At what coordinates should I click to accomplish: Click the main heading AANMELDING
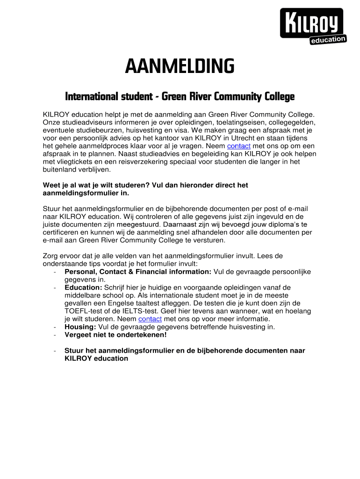180,67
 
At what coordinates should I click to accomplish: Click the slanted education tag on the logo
328,40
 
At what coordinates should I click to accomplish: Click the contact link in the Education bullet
150,319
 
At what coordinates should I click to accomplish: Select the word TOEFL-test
84,311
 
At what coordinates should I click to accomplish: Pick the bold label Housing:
80,327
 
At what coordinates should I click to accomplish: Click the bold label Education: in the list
83,287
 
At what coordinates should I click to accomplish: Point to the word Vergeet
79,335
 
